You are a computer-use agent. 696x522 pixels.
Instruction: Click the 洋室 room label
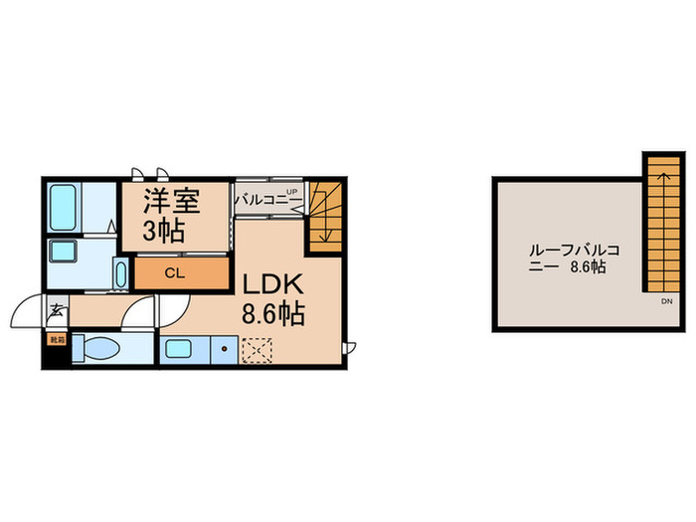click(x=173, y=202)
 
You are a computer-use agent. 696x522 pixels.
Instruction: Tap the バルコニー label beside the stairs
click(x=261, y=200)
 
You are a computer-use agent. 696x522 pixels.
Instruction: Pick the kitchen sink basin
click(x=182, y=349)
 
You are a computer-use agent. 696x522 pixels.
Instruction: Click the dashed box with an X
click(x=257, y=350)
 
